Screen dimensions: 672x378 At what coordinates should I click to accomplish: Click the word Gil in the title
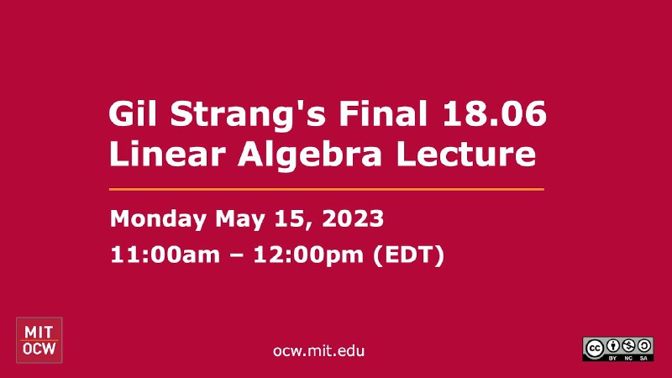click(x=133, y=113)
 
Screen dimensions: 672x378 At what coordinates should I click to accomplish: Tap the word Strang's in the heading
click(x=248, y=114)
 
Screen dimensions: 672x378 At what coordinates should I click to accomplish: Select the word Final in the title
click(x=383, y=113)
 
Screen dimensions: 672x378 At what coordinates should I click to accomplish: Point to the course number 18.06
click(x=494, y=113)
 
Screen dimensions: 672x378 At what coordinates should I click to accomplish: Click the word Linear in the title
click(x=167, y=154)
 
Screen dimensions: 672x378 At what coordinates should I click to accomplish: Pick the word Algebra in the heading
click(x=309, y=156)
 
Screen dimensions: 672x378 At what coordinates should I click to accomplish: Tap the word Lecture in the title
click(x=466, y=154)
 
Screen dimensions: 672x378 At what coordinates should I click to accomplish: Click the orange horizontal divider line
click(x=327, y=189)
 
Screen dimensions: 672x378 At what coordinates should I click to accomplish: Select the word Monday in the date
click(x=158, y=220)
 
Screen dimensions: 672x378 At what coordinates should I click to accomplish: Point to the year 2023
click(x=353, y=218)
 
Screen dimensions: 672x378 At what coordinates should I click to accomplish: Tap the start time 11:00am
click(x=165, y=255)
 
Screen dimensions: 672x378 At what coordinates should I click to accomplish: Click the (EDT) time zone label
click(x=409, y=255)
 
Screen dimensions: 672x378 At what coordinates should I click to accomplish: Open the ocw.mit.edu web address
click(x=319, y=351)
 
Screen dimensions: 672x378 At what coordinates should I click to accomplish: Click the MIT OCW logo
click(x=39, y=340)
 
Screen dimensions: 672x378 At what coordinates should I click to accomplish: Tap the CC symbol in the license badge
click(x=594, y=349)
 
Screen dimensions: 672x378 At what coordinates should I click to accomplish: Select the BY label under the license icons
click(x=612, y=358)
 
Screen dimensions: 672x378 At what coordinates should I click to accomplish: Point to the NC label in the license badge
click(x=628, y=358)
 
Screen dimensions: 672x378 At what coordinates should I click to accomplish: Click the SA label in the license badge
click(x=643, y=358)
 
